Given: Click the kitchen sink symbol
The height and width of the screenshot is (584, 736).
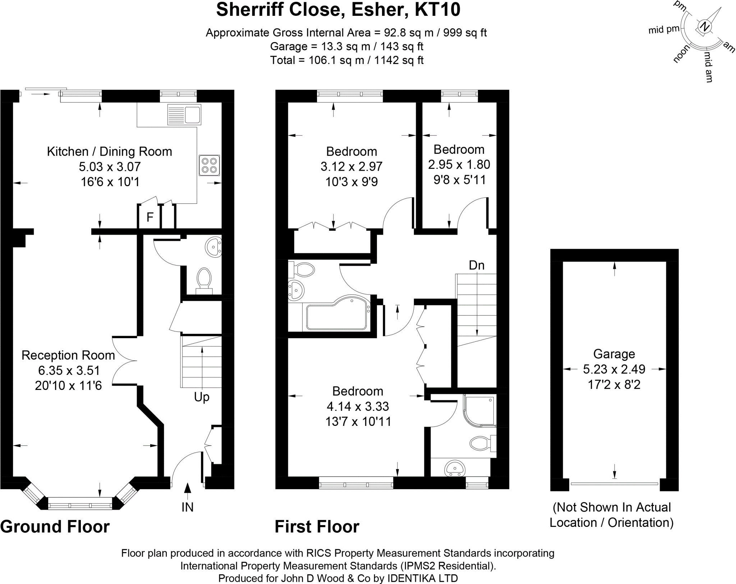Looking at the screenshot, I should (x=184, y=115).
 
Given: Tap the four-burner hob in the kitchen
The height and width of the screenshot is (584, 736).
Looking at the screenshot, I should (x=209, y=165).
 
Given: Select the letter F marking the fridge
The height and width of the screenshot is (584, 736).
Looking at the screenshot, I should (x=150, y=217).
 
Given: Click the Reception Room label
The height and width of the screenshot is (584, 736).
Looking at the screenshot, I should (x=68, y=355).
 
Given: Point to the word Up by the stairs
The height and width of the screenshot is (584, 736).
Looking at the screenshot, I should (x=201, y=397).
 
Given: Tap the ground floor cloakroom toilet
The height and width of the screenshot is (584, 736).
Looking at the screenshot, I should (x=204, y=279).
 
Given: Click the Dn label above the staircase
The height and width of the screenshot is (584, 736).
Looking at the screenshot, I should (x=477, y=265).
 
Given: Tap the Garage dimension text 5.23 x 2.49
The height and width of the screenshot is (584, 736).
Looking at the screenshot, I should (x=614, y=369).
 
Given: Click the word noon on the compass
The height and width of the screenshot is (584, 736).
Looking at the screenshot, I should (x=682, y=54).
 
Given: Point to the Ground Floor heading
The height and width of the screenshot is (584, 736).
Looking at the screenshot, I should (x=55, y=526).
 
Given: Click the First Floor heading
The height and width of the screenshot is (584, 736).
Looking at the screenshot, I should (x=317, y=526).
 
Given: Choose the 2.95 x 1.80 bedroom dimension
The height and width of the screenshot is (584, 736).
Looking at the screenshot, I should (x=459, y=164).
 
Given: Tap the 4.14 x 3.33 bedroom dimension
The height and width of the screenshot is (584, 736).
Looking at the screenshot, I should (x=358, y=406).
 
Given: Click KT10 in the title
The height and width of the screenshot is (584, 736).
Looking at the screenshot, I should (x=437, y=10).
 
